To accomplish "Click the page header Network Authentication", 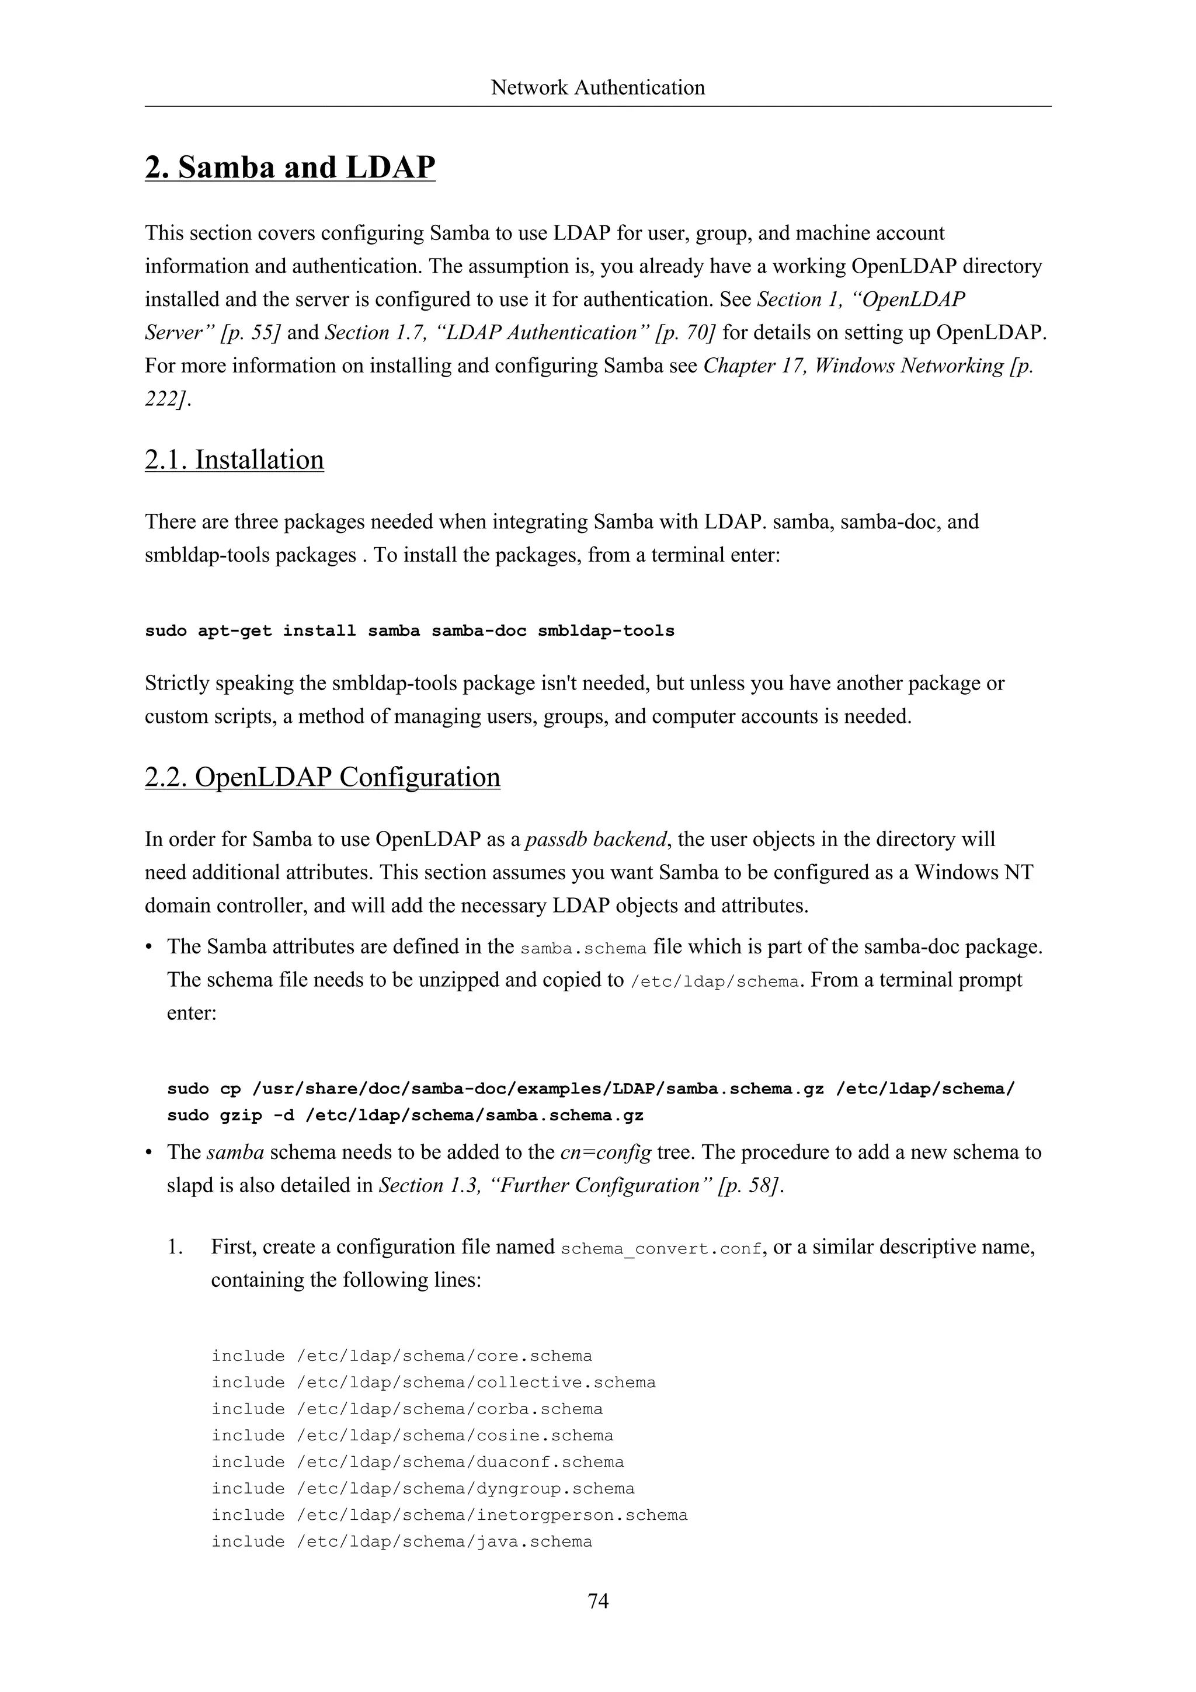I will (x=597, y=88).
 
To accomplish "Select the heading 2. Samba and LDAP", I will (x=290, y=168).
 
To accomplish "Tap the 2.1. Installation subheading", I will (x=234, y=460).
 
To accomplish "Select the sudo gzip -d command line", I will (x=405, y=1115).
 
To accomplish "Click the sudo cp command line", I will (x=591, y=1088).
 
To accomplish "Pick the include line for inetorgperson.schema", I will (x=448, y=1515).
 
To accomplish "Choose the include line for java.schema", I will (x=402, y=1542).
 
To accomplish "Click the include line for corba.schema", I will (x=407, y=1409).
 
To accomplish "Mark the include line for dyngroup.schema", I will (x=423, y=1489).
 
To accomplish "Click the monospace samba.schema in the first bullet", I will (x=583, y=948).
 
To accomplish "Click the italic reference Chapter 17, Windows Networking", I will (x=853, y=365).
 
